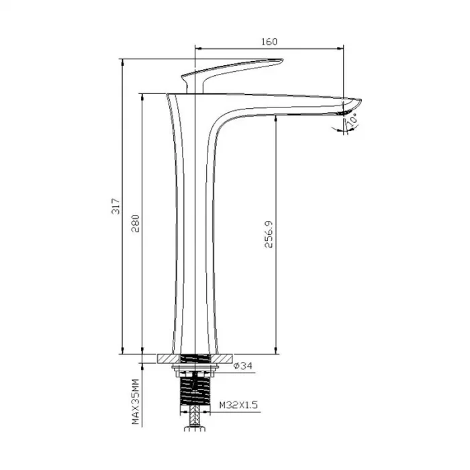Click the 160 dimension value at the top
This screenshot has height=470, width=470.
[269, 42]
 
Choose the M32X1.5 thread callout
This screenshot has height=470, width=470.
[237, 406]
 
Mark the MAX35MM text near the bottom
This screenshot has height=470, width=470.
[136, 402]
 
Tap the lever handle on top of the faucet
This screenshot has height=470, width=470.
[235, 67]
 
